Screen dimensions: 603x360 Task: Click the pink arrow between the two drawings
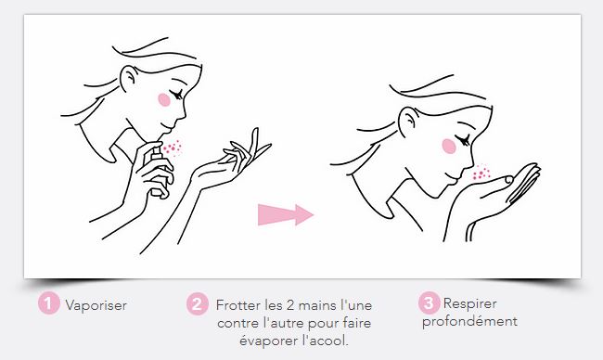[x=286, y=214]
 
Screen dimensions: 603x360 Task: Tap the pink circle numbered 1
[x=49, y=303]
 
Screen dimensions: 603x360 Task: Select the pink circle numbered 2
[x=198, y=304]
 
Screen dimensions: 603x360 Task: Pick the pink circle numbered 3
[x=430, y=303]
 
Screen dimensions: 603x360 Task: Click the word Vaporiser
[x=96, y=305]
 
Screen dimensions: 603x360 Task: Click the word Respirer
[x=470, y=303]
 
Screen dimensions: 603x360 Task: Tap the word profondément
[x=469, y=321]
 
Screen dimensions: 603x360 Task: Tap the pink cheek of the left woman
[x=164, y=99]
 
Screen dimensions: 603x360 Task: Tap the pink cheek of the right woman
[x=448, y=147]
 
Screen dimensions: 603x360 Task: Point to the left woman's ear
[x=128, y=79]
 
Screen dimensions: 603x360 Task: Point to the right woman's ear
[x=408, y=121]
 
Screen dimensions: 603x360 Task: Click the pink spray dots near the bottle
[x=173, y=148]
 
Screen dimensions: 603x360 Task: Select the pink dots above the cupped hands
[x=481, y=173]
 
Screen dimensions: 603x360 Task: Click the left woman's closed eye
[x=177, y=95]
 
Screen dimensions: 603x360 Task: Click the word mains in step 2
[x=317, y=305]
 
